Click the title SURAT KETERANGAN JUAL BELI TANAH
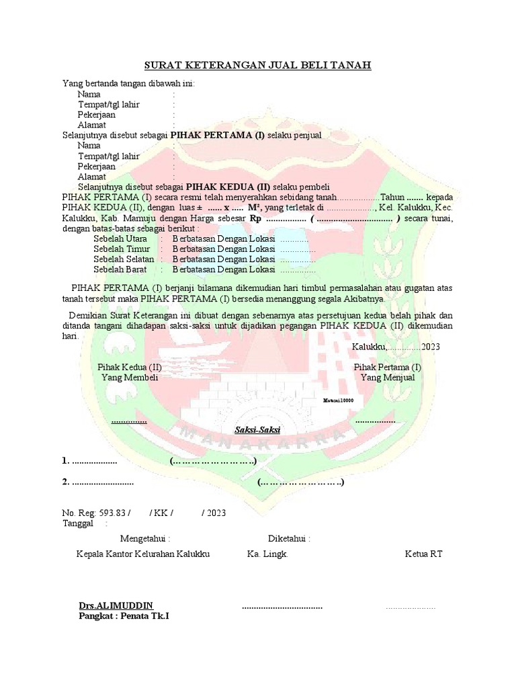click(x=258, y=65)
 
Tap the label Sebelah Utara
click(x=120, y=239)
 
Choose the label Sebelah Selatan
click(x=124, y=259)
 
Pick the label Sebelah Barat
click(x=120, y=269)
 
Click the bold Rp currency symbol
click(x=255, y=218)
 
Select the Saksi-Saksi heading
click(x=257, y=429)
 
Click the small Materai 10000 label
click(x=338, y=400)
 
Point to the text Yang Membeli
click(x=130, y=378)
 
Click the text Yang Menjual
click(x=388, y=378)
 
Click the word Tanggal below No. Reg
click(x=78, y=523)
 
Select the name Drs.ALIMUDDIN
click(x=116, y=605)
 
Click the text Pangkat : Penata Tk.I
click(x=124, y=615)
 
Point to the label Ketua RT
click(x=423, y=554)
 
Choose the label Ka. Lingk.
click(x=267, y=554)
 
